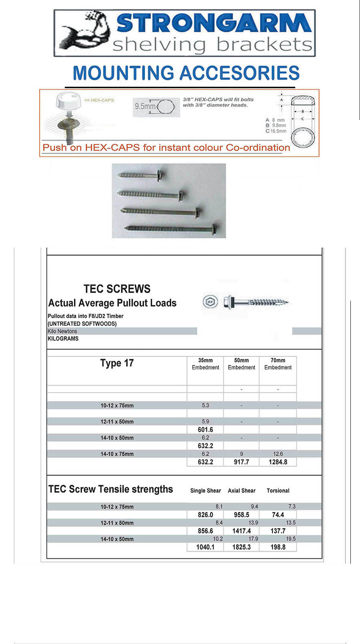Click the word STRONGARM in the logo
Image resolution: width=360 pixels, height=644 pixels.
point(214,24)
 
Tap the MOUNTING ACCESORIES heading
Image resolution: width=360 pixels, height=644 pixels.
point(186,74)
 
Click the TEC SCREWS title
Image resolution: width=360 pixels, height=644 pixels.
point(117,289)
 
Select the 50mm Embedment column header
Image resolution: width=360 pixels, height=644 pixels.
point(242,364)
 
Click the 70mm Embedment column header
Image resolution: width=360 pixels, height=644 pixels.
point(278,364)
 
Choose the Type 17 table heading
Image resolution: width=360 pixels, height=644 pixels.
point(117,363)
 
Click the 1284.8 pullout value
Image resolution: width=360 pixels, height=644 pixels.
point(278,462)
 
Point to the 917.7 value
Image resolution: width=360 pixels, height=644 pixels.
point(242,462)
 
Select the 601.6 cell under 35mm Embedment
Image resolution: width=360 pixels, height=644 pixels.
point(206,430)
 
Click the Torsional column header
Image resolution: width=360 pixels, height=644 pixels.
point(278,490)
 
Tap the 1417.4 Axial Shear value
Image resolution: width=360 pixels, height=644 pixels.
point(242,531)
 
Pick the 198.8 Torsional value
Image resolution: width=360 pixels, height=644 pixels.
point(278,547)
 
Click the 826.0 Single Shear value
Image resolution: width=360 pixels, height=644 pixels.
point(206,515)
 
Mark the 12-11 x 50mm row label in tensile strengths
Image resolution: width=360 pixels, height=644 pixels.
point(117,523)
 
